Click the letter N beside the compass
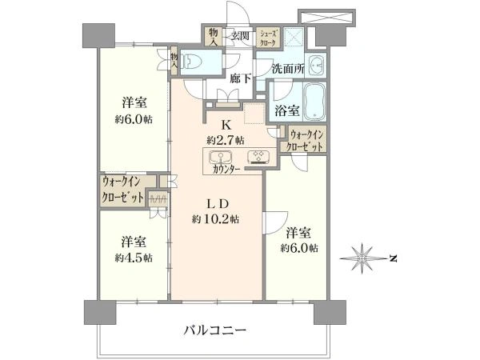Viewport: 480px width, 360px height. tap(392, 258)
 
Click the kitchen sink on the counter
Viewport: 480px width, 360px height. tap(222, 156)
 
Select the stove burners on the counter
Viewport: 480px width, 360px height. tap(258, 156)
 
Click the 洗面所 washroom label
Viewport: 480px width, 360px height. tap(286, 69)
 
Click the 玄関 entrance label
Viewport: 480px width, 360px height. tap(240, 35)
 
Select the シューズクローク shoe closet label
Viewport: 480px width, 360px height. tap(267, 36)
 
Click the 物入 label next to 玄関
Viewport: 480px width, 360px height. tap(213, 36)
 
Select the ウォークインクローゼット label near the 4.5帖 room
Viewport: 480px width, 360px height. tap(122, 191)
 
